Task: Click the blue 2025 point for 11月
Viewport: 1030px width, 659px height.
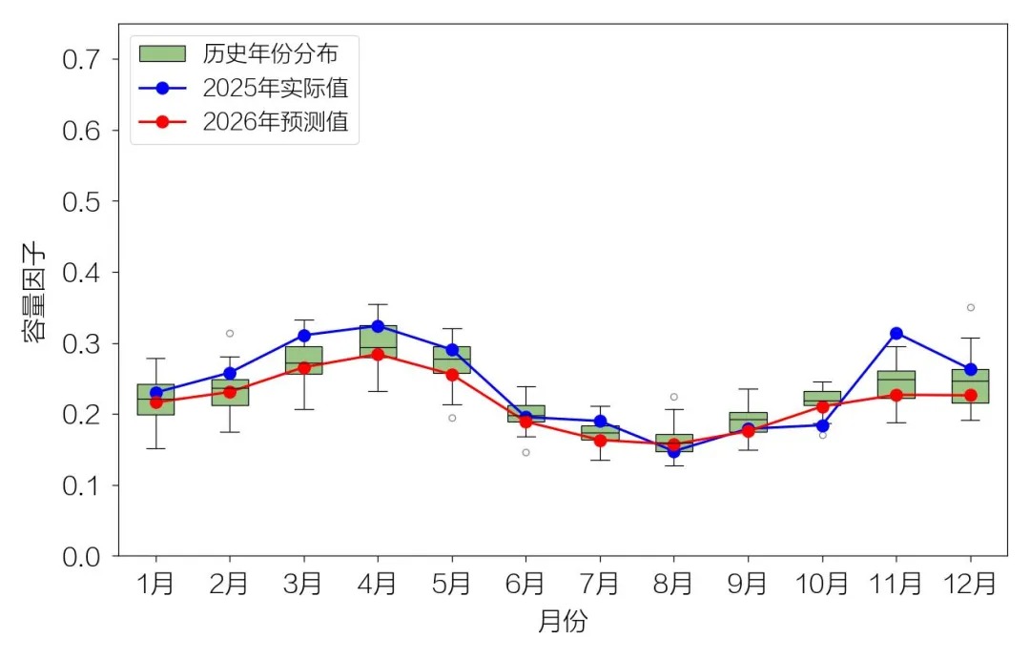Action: pos(896,333)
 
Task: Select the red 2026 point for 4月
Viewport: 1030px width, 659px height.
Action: pos(378,354)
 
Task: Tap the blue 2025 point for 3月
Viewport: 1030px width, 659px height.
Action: pos(304,336)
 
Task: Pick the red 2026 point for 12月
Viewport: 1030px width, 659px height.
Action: pos(971,395)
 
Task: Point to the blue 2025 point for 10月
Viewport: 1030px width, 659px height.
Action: pos(822,425)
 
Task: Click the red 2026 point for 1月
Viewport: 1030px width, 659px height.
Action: pos(155,402)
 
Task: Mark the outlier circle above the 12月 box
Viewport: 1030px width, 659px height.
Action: pos(971,307)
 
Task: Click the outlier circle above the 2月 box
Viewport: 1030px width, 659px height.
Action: pos(230,333)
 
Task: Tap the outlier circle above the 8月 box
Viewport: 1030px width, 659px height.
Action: pos(674,397)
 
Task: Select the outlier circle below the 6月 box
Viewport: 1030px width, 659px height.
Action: pos(525,452)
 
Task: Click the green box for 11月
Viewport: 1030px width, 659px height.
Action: pos(896,384)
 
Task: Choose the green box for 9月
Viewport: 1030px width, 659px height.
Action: pos(749,422)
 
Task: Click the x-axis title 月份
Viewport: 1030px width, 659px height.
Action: pos(563,623)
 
